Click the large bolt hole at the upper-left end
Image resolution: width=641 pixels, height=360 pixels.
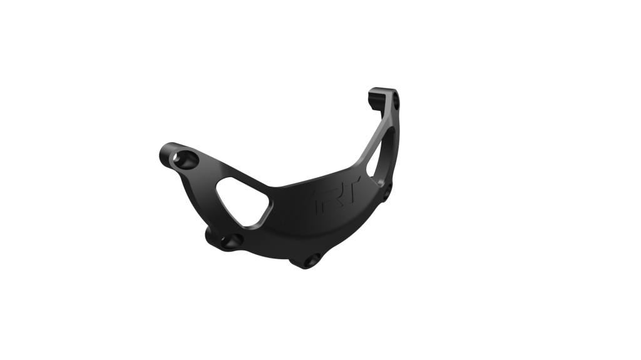click(186, 159)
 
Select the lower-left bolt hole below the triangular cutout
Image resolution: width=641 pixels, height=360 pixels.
click(232, 241)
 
